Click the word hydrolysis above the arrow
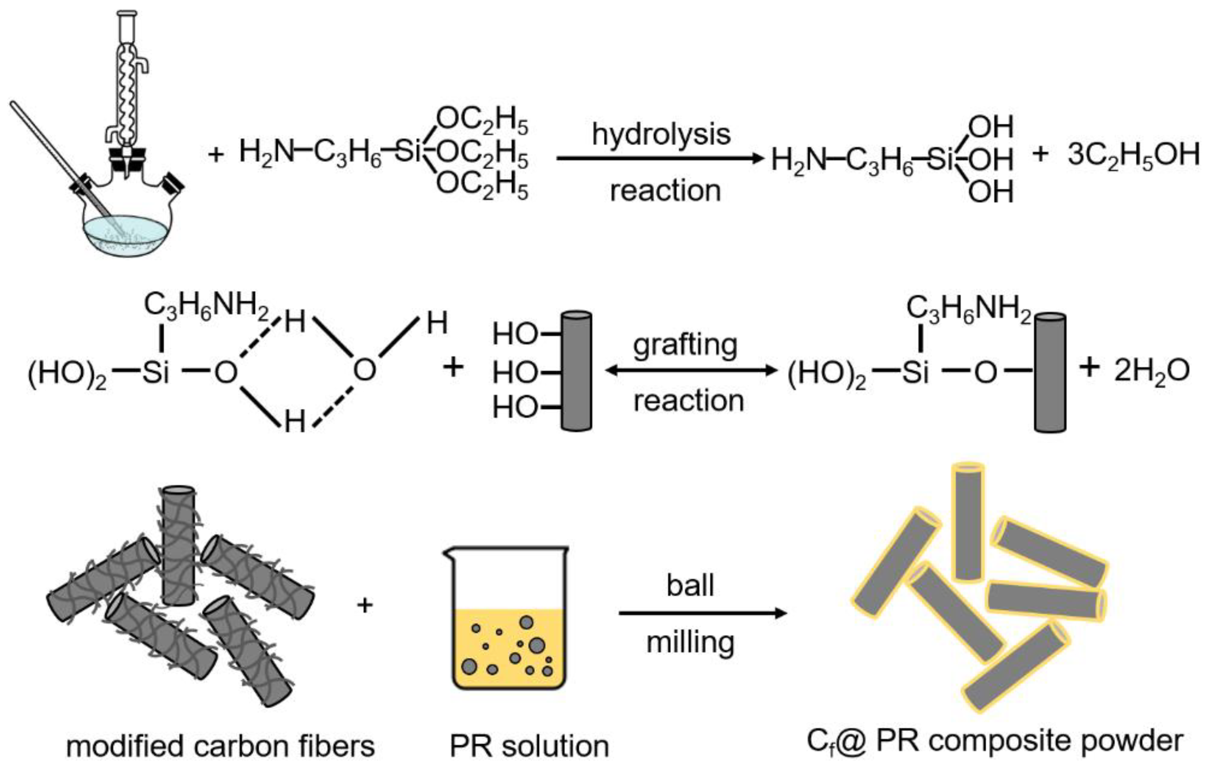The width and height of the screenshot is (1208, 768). point(661,134)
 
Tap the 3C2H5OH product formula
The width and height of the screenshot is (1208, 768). point(1133,156)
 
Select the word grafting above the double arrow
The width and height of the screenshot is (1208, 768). point(685,346)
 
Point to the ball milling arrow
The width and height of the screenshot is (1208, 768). point(702,613)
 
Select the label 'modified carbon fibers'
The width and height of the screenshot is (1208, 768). point(221,746)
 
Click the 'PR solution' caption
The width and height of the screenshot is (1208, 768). point(529,746)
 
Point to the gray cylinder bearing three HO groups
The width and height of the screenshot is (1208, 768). point(576,372)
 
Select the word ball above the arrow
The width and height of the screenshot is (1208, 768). point(690,586)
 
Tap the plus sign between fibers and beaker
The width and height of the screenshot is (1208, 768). point(365,605)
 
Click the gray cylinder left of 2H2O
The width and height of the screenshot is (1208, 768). point(1050,372)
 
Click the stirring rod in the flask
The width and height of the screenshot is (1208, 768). point(60,156)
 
